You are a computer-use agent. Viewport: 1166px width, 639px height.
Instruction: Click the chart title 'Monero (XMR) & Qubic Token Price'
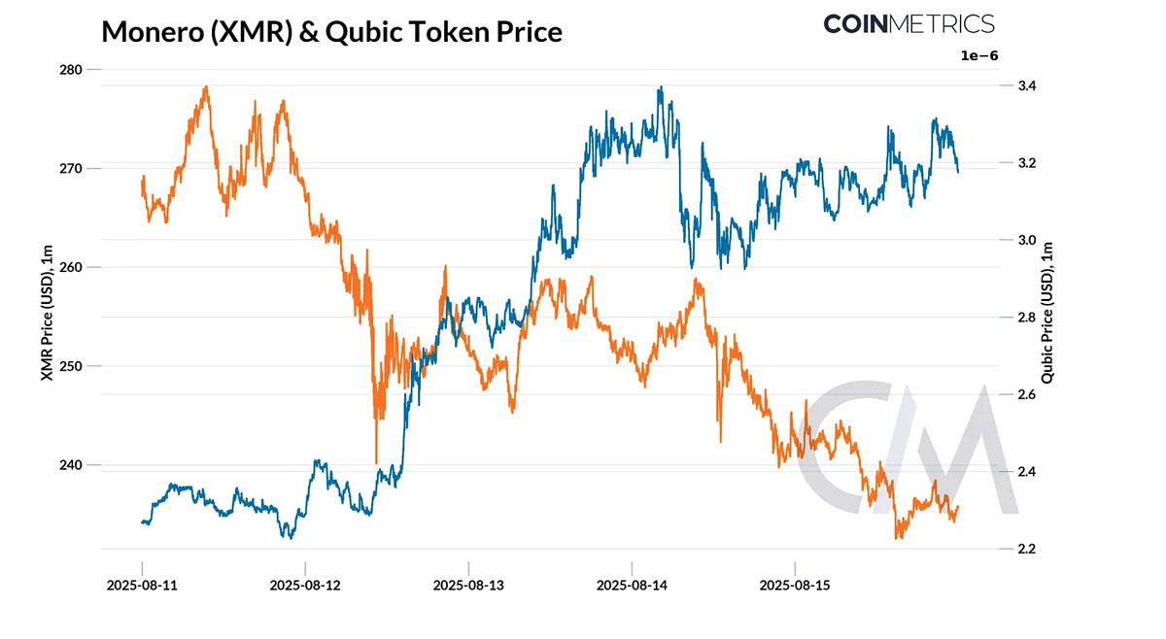331,31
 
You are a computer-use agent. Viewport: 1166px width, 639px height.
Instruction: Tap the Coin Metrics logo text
909,23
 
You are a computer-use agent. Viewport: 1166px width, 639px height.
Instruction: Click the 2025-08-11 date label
142,586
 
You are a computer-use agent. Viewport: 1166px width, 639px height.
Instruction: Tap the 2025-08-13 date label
468,586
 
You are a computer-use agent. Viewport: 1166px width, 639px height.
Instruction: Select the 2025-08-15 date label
795,586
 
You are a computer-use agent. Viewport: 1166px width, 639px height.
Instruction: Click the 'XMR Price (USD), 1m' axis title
46,310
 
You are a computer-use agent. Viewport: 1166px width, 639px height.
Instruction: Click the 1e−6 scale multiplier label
978,56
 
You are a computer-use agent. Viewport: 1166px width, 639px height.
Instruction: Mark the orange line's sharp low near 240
376,462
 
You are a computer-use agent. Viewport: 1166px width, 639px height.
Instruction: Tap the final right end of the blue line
958,172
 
